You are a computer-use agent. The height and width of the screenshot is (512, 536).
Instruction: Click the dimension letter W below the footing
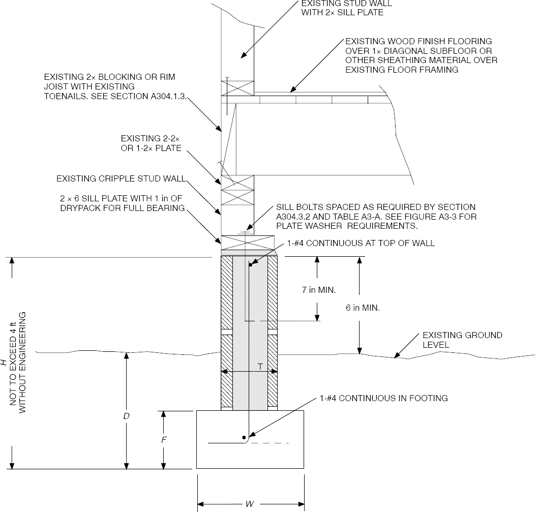pos(250,504)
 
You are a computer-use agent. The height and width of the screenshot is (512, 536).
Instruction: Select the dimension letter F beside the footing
pos(164,440)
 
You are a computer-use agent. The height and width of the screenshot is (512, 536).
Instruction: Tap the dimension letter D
pos(127,415)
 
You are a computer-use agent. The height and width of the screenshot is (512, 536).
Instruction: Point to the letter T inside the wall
pos(260,366)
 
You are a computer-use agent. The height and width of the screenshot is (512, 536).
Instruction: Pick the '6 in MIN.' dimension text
pos(363,308)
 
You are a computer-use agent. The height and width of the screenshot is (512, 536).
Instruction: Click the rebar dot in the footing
pos(244,437)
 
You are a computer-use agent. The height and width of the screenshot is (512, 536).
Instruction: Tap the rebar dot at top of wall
pos(250,264)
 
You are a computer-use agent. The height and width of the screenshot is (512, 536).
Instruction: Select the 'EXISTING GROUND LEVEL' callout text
pos(462,340)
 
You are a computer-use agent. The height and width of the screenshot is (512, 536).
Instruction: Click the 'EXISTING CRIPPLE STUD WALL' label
pos(121,178)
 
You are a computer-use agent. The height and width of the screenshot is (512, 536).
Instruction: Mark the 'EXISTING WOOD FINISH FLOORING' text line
pos(419,41)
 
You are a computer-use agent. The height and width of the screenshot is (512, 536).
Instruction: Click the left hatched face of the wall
pos(226,330)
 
